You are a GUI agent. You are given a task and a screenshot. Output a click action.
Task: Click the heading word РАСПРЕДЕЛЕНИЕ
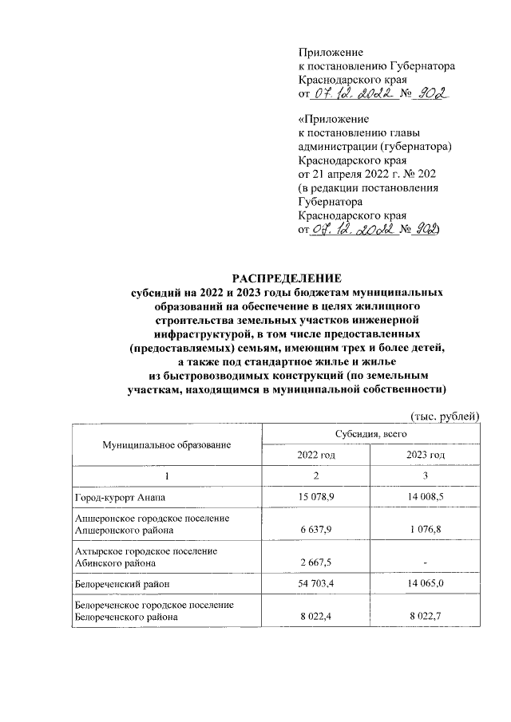pyautogui.click(x=286, y=278)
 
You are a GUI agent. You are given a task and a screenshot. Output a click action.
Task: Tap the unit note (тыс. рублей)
pyautogui.click(x=444, y=416)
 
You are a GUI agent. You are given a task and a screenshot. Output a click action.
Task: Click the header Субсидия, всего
pyautogui.click(x=372, y=432)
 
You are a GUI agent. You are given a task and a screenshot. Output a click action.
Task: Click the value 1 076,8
pyautogui.click(x=426, y=530)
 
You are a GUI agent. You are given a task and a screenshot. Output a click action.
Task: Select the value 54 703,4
pyautogui.click(x=317, y=586)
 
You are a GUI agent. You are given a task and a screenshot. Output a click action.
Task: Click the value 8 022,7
pyautogui.click(x=426, y=617)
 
